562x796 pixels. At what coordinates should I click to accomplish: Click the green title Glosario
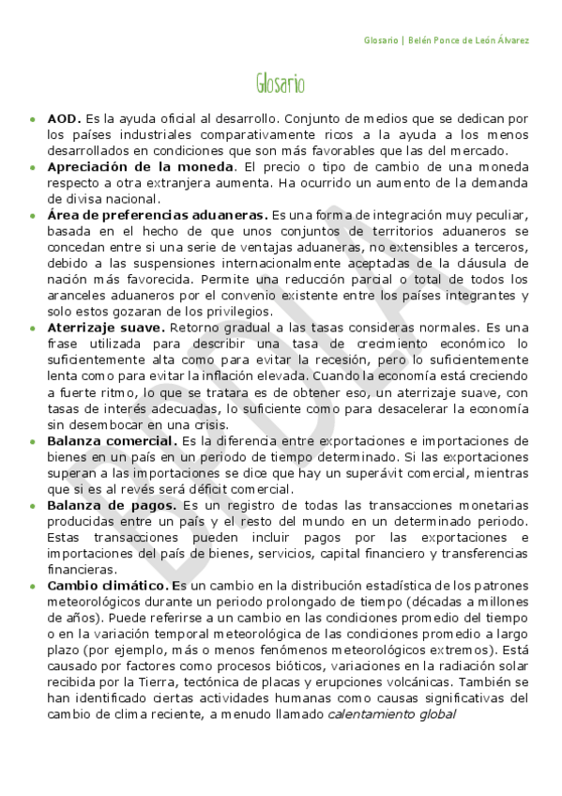280,84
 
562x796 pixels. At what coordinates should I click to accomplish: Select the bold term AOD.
64,120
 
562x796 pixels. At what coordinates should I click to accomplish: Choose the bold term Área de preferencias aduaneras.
158,215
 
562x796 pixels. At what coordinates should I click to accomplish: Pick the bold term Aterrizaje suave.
106,328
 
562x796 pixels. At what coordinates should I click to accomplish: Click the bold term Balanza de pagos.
106,505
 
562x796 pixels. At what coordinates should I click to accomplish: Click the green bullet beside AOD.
34,121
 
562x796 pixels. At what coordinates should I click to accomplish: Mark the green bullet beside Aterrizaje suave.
34,329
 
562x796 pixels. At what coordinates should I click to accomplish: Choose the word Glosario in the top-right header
379,40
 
